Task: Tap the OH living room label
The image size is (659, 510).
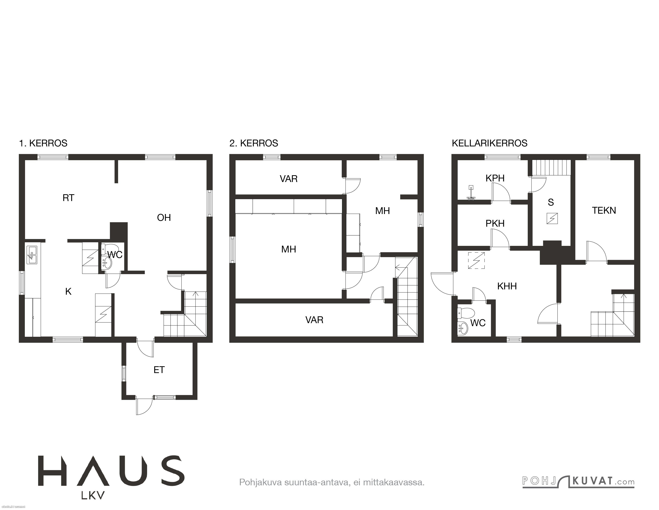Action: [164, 218]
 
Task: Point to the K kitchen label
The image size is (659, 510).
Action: [69, 291]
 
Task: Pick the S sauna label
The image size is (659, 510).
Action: [551, 203]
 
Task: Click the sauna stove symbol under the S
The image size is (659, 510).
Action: [552, 219]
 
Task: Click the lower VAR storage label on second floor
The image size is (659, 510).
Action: [314, 320]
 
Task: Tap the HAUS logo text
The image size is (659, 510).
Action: [111, 471]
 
